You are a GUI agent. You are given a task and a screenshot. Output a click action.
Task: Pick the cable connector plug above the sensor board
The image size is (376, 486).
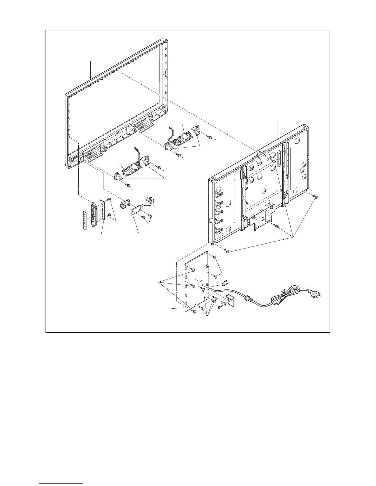(151, 200)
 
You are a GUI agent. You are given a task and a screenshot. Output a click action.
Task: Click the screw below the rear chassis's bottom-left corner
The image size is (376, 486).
(227, 251)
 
